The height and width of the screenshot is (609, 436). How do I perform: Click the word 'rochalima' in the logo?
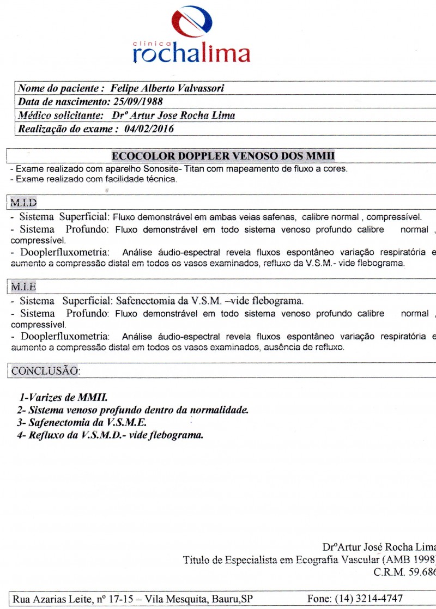pos(191,54)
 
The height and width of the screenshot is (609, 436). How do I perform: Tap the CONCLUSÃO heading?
pos(45,371)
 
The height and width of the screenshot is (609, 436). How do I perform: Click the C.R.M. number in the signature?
pos(404,573)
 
